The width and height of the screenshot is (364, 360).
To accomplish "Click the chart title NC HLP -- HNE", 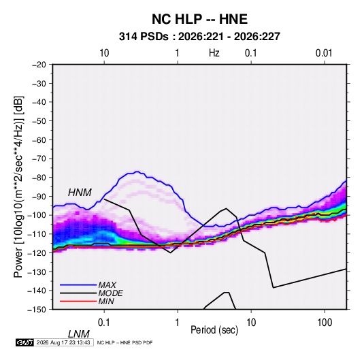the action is (x=199, y=19).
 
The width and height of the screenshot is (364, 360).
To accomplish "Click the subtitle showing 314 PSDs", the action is (x=199, y=37).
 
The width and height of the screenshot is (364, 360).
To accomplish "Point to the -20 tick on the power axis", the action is (x=39, y=65).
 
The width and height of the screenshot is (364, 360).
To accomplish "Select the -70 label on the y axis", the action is (x=39, y=159).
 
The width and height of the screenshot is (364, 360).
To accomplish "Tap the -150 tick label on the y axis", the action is (x=37, y=310).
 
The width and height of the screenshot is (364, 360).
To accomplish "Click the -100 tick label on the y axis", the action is (x=37, y=215).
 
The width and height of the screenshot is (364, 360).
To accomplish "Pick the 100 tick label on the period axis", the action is (x=325, y=323).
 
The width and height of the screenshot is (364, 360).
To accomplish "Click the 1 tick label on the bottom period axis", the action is (x=178, y=323).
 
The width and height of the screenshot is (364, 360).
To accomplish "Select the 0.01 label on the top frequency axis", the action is (x=324, y=53).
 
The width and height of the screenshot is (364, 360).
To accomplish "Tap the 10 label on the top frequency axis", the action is (x=104, y=53).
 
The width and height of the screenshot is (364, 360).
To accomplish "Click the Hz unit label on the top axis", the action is (x=214, y=53).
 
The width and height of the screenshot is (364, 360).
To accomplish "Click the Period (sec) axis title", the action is (x=214, y=330).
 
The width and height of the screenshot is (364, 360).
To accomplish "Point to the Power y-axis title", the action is (x=18, y=187).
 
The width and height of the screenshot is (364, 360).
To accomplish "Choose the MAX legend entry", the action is (x=107, y=284).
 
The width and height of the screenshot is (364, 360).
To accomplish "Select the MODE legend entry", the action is (x=110, y=293).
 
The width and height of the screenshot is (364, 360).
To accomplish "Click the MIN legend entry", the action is (x=106, y=301).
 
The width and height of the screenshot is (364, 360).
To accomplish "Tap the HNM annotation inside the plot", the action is (x=80, y=193).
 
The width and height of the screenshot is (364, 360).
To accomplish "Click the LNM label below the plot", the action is (x=79, y=334).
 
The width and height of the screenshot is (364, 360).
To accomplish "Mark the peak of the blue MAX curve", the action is (x=137, y=171).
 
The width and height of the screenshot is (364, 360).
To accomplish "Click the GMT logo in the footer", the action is (x=25, y=342).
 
